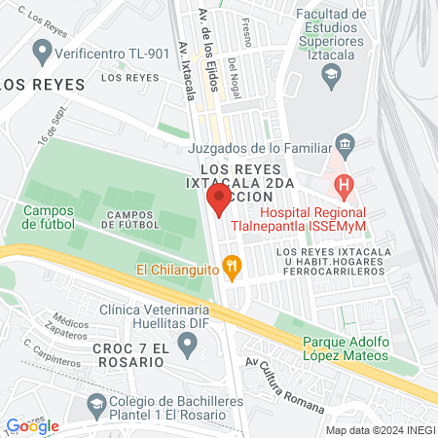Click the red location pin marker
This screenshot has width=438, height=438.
pos(219,201)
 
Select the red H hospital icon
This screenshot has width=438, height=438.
pos(343,183)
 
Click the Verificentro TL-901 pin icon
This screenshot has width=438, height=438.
pos(42,49)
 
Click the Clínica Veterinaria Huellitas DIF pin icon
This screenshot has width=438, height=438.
pos(191,342)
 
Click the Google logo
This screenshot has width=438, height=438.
pos(32,426)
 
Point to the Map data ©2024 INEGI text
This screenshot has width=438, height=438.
pos(380,429)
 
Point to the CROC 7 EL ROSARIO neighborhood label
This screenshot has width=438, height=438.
pos(128,354)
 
